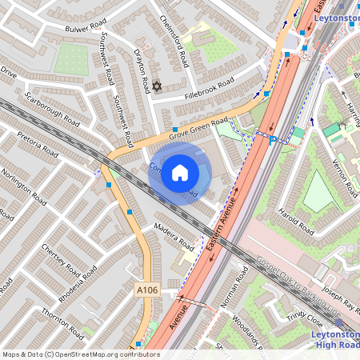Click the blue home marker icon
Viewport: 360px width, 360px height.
tap(180, 172)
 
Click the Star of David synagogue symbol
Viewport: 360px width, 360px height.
tap(156, 86)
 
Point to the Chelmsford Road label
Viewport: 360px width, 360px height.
tap(173, 41)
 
